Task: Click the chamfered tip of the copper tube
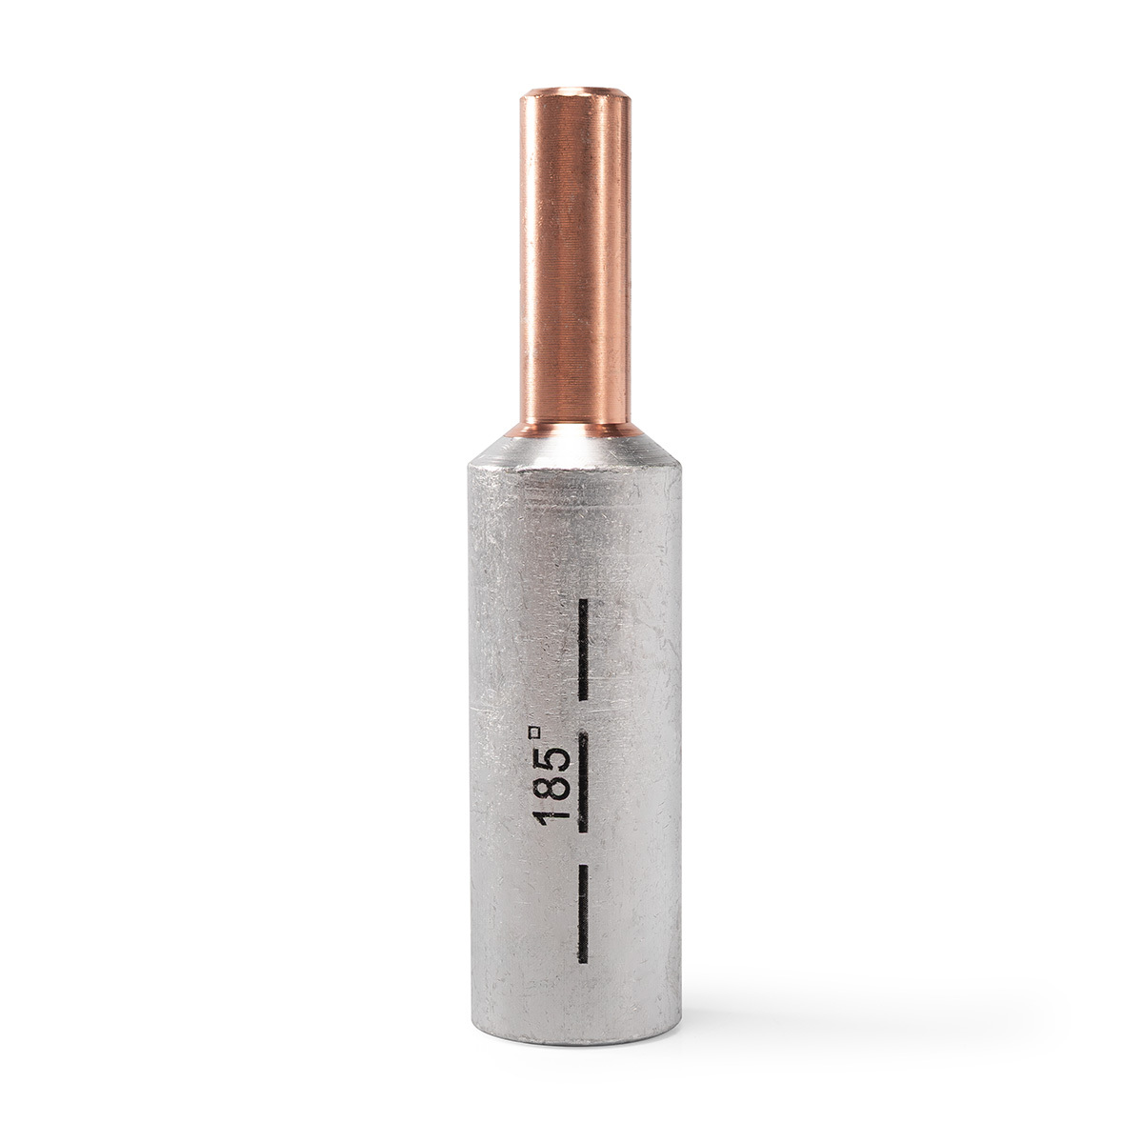(573, 95)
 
